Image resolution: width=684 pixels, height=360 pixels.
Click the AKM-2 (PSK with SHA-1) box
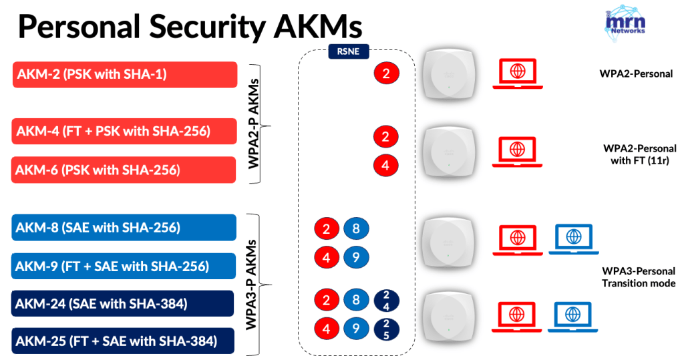coord(125,74)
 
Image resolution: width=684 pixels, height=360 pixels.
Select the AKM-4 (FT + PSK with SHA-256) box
coord(125,132)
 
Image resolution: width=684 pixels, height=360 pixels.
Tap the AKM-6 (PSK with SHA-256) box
coord(125,170)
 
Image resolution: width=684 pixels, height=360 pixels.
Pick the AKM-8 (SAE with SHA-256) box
coord(125,228)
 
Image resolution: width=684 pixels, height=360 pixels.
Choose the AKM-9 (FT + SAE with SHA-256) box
coord(125,266)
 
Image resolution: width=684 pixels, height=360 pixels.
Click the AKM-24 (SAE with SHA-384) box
coord(125,304)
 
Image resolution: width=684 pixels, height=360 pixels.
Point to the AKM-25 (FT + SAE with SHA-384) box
coord(125,341)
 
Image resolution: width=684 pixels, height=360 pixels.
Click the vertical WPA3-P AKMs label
coord(254,284)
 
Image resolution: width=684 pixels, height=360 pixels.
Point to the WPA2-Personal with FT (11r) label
coord(639,154)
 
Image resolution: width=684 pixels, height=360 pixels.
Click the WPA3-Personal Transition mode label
coord(639,277)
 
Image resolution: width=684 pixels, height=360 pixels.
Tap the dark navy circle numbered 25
coord(385,328)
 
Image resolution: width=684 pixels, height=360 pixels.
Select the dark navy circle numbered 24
coord(385,301)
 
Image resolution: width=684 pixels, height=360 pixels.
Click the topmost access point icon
coord(450,75)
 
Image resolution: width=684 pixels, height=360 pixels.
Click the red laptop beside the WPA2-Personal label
coord(516,73)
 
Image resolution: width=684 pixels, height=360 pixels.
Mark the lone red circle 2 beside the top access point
coord(385,73)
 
